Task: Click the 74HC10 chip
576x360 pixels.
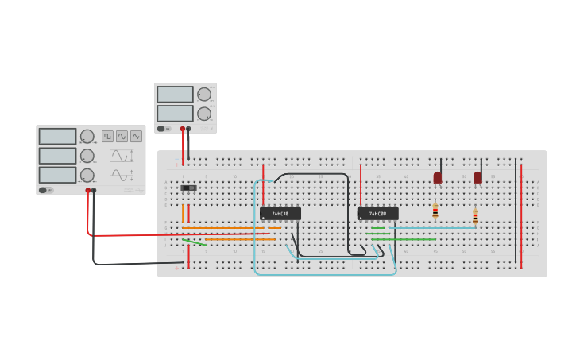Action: tap(280, 214)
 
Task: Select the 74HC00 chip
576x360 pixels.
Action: tap(377, 214)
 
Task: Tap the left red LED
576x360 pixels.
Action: tap(438, 178)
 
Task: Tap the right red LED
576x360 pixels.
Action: tap(477, 178)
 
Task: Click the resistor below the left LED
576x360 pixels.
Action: tap(435, 211)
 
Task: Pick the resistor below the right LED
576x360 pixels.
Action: tap(475, 216)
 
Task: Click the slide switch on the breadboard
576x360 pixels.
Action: tap(188, 188)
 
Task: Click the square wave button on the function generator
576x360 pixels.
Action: tap(107, 136)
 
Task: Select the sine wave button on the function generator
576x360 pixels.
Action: tap(122, 136)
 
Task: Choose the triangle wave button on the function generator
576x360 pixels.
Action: tap(136, 136)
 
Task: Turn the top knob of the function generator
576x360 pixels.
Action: tap(87, 137)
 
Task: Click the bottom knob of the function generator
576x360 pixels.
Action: tap(87, 175)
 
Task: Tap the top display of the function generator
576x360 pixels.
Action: tap(57, 137)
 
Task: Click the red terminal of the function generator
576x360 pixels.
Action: tap(88, 191)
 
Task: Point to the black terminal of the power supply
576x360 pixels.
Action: tap(188, 129)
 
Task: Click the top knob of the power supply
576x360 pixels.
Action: tap(204, 95)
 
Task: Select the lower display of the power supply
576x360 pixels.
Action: tap(175, 114)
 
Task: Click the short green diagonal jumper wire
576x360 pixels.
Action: tap(194, 242)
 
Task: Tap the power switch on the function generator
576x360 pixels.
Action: tap(46, 190)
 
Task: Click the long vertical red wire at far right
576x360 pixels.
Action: tap(521, 215)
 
